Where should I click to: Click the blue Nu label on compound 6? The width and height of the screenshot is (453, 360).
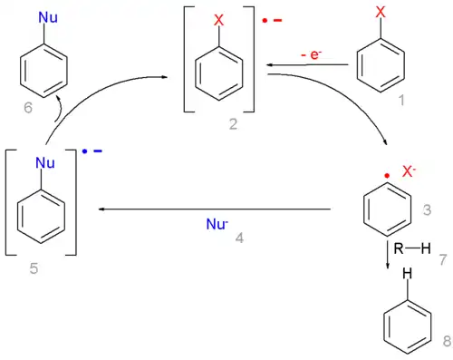[43, 16]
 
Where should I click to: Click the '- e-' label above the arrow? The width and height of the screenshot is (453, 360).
[311, 55]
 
